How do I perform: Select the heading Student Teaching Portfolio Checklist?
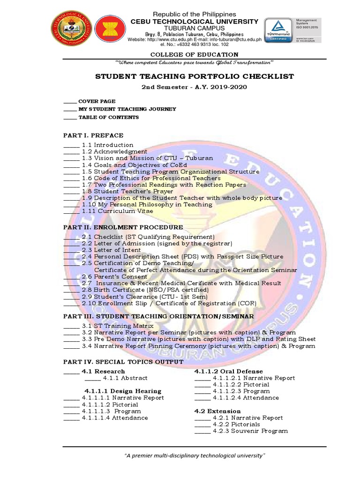195,76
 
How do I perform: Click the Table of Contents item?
108,117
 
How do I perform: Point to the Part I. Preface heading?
93,135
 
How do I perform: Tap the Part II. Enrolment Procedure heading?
123,227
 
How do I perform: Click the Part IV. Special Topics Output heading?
123,362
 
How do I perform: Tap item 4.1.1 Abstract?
125,378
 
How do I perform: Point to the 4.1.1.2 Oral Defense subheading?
228,371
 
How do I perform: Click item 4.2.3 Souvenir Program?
250,431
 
